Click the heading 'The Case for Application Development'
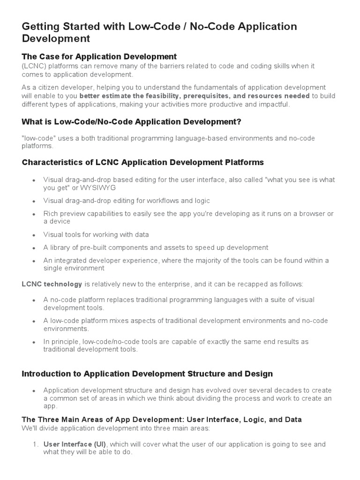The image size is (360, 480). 99,57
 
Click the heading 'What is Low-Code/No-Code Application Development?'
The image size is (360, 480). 131,122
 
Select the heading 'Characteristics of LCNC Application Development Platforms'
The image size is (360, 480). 142,162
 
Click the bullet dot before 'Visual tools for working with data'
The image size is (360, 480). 34,235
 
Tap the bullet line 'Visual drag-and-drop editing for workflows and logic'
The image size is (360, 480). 127,201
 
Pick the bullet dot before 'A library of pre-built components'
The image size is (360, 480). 34,248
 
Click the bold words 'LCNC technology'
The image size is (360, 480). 52,284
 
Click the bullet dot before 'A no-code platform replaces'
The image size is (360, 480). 34,300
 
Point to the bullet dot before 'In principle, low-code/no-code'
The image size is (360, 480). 34,342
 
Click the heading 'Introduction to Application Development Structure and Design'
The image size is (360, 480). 147,374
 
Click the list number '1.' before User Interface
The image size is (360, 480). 36,444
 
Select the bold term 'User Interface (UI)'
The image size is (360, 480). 75,444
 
